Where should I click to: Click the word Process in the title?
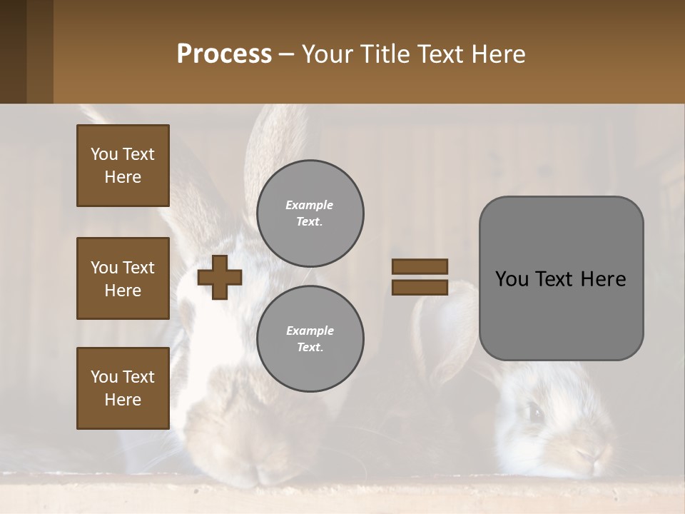pyautogui.click(x=224, y=54)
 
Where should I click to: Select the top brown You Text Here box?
pyautogui.click(x=123, y=166)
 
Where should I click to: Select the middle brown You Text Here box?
pyautogui.click(x=123, y=278)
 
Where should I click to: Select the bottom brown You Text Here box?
pyautogui.click(x=123, y=388)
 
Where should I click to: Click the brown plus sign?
pyautogui.click(x=220, y=277)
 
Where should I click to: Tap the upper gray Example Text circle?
pyautogui.click(x=310, y=213)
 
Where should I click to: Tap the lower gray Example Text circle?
pyautogui.click(x=310, y=339)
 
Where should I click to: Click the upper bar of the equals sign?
pyautogui.click(x=420, y=266)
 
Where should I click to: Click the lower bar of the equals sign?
pyautogui.click(x=420, y=287)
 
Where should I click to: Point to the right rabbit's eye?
pyautogui.click(x=534, y=411)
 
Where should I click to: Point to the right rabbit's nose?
pyautogui.click(x=587, y=454)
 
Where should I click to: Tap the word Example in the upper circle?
pyautogui.click(x=310, y=205)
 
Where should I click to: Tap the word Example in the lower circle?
pyautogui.click(x=310, y=331)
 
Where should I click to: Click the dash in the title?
pyautogui.click(x=287, y=54)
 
